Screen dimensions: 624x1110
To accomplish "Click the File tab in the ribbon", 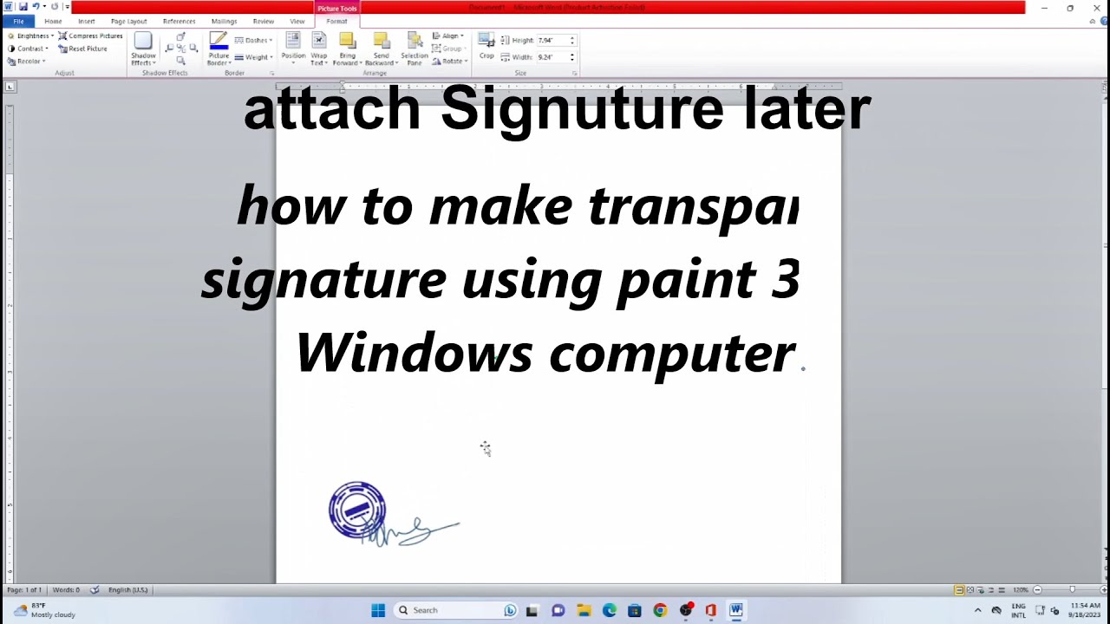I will coord(18,21).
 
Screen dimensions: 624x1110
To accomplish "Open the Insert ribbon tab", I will coord(86,21).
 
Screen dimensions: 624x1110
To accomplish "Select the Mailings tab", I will coord(224,21).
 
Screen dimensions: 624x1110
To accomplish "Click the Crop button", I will coord(486,46).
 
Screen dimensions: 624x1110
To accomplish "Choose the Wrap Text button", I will coord(319,49).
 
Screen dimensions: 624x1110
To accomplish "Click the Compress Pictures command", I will coord(90,36).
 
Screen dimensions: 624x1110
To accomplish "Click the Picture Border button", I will coord(219,49).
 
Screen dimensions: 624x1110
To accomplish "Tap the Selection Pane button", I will coord(415,49).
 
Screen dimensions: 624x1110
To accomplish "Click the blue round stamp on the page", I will coord(356,510).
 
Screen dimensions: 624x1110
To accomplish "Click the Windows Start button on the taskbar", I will coord(378,610).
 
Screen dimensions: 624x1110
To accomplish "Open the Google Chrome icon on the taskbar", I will coord(660,610).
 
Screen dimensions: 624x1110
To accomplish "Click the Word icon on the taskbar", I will coord(736,610).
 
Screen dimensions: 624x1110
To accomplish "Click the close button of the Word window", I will coord(1094,8).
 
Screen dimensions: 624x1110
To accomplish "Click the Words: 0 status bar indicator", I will coord(66,589).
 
